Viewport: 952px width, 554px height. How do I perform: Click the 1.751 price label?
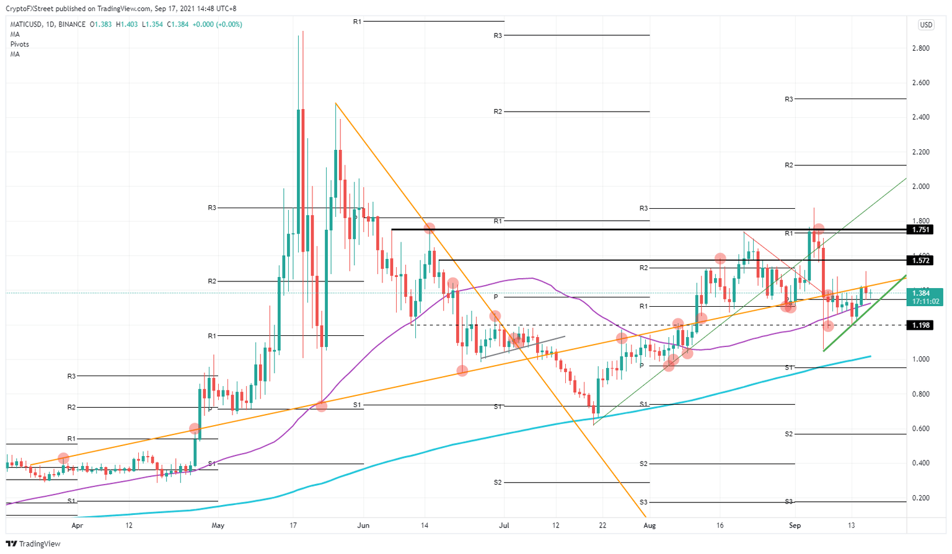(920, 229)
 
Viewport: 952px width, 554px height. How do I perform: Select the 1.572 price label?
(920, 260)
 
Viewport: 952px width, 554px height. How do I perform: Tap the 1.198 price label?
(920, 325)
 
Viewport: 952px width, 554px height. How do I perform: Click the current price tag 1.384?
(921, 293)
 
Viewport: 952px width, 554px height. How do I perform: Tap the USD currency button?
(926, 25)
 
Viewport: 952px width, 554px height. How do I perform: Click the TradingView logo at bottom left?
(35, 543)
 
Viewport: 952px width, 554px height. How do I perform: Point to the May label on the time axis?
(218, 525)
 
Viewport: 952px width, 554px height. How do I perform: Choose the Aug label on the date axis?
(650, 525)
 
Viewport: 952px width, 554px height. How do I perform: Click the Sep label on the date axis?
(795, 525)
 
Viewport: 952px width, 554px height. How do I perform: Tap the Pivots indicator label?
(19, 44)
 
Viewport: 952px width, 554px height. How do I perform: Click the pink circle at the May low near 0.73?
(322, 406)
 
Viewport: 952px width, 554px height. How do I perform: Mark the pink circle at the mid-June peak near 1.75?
(430, 228)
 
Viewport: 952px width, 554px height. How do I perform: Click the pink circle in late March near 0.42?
(63, 458)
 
